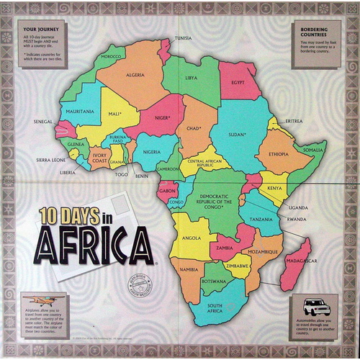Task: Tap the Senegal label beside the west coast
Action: [x=43, y=122]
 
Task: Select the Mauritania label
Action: [x=81, y=112]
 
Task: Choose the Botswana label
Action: [x=215, y=280]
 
